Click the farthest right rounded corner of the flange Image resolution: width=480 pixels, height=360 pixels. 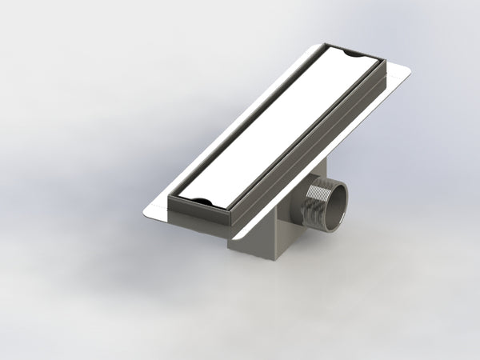point(407,74)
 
